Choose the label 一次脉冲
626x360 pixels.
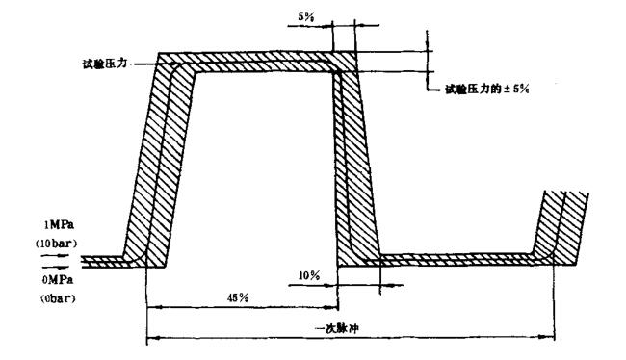346,327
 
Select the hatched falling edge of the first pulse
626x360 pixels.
356,164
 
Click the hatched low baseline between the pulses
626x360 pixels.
453,258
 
